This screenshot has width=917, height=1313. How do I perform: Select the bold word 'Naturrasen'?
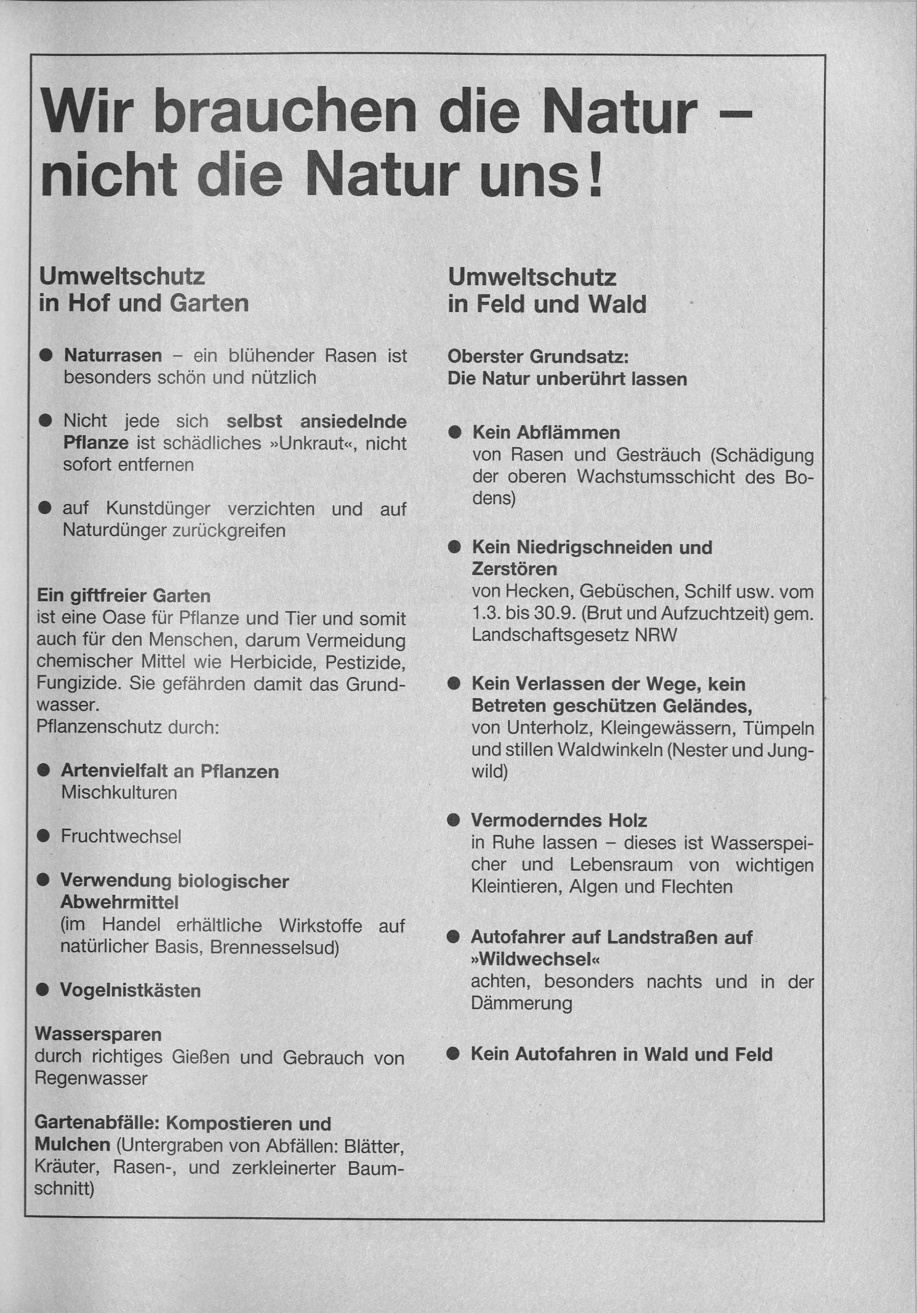112,356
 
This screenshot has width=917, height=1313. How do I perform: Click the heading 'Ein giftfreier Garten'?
124,596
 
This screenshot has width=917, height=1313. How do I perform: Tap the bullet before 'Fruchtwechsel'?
43,837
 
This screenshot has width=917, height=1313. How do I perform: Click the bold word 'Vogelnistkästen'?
131,991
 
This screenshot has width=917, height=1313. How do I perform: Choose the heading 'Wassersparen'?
98,1035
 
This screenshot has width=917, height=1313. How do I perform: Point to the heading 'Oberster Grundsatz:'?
538,357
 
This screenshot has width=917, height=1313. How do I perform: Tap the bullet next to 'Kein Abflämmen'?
455,433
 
